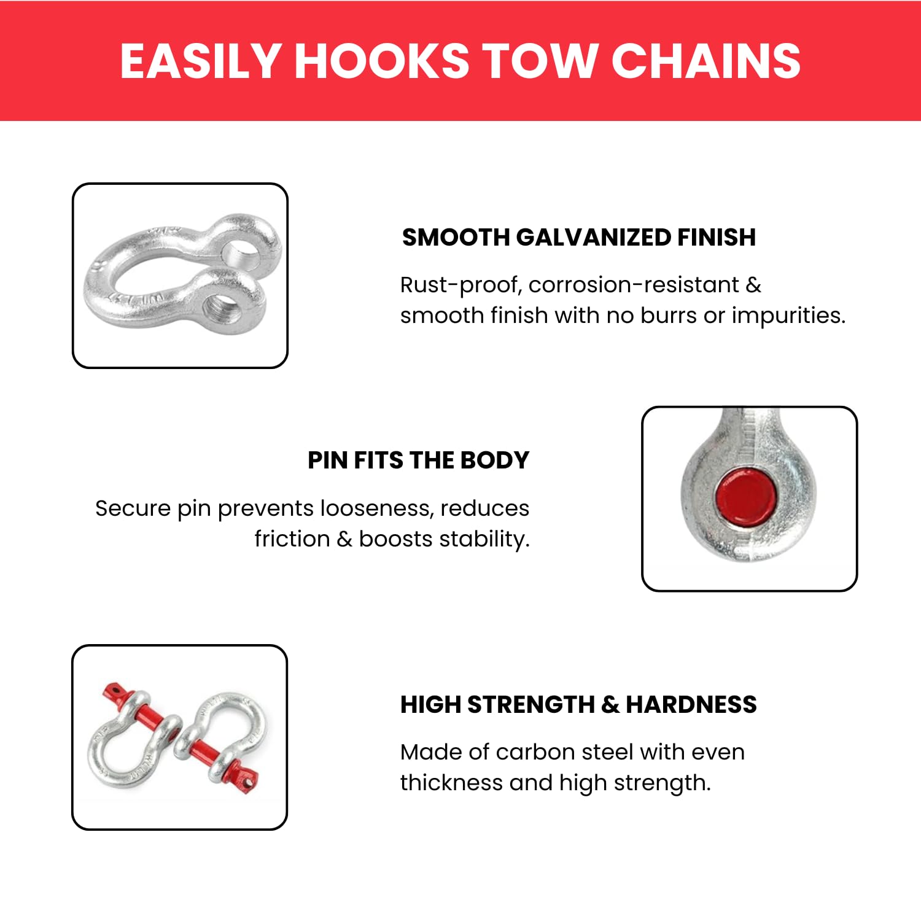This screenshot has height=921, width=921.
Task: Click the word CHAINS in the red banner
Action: (705, 61)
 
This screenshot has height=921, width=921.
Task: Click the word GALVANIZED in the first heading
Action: (593, 237)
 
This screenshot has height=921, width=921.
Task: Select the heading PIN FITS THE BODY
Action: (418, 460)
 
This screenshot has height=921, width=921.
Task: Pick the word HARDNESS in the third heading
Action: (691, 704)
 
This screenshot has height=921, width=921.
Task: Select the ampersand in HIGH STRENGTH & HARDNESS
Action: (610, 704)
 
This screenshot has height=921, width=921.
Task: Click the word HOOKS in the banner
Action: (381, 61)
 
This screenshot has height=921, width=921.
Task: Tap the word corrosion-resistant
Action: (634, 286)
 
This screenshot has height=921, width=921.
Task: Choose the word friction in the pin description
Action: (292, 539)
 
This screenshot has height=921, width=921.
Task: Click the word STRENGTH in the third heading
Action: (531, 704)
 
